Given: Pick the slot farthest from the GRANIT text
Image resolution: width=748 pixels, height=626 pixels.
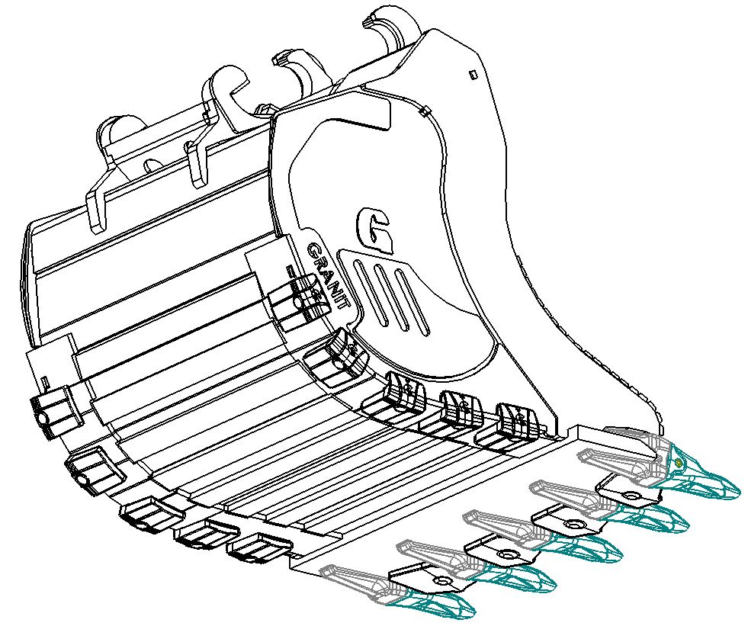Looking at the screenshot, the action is tap(411, 301).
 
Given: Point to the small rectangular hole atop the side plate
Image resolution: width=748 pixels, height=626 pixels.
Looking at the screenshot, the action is tap(474, 74).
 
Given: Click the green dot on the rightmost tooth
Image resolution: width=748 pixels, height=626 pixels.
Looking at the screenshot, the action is tap(679, 461).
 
